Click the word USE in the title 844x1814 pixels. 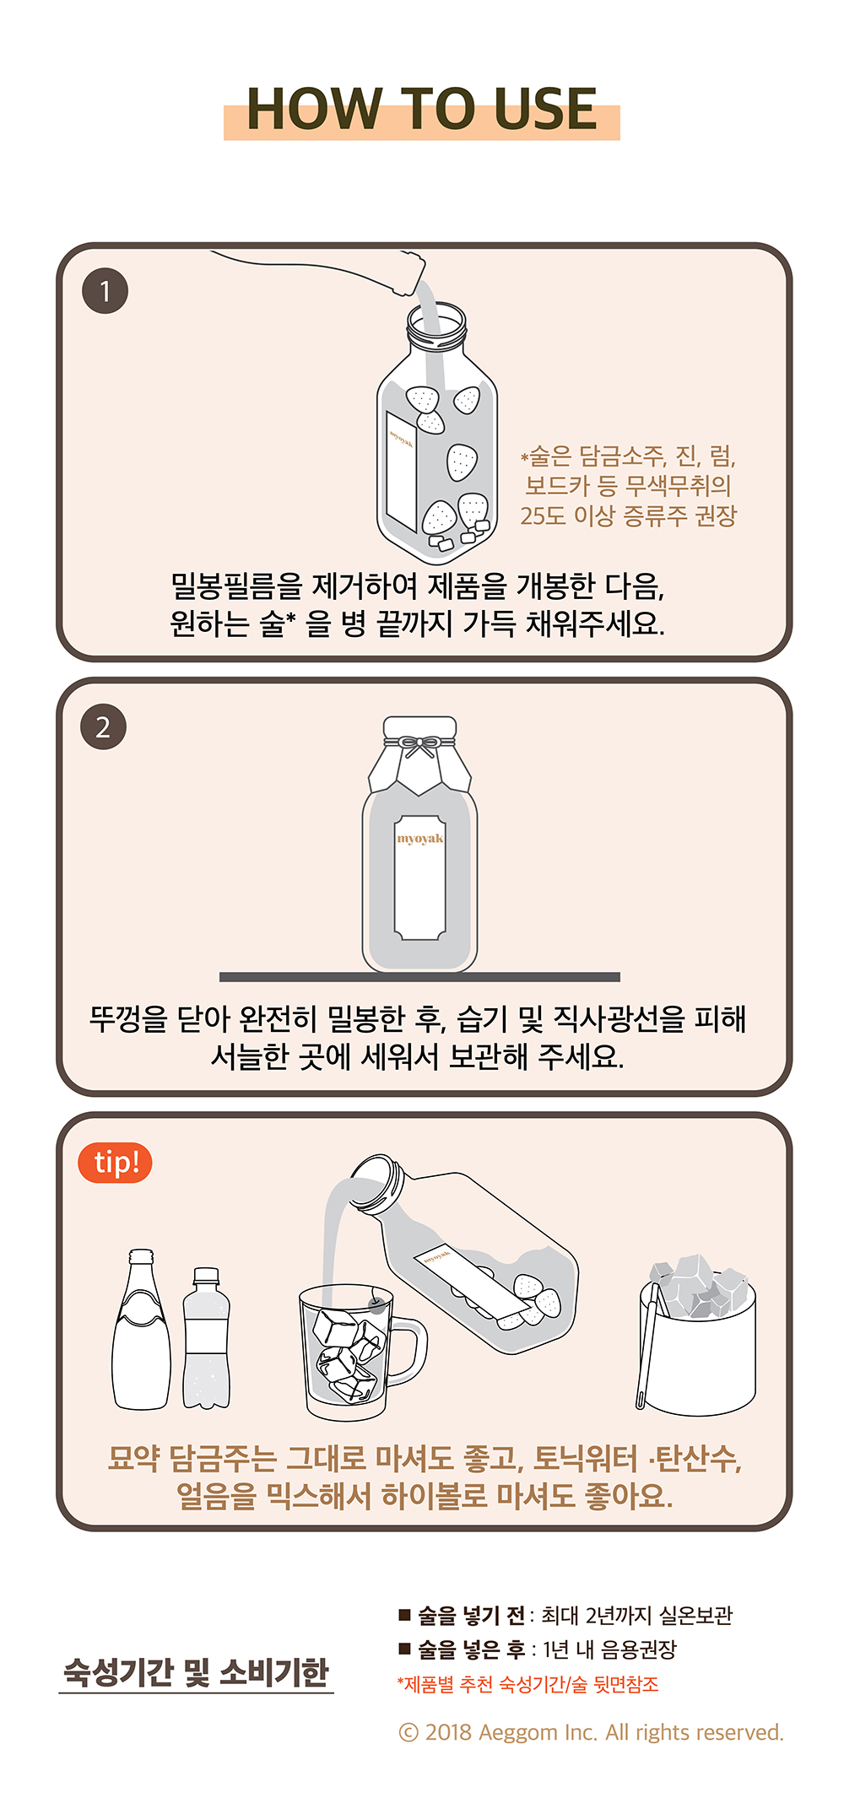pos(545,109)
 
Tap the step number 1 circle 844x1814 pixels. pos(105,291)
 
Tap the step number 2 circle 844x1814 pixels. pos(103,727)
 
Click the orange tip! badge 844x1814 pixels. pos(115,1163)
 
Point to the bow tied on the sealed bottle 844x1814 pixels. pos(419,746)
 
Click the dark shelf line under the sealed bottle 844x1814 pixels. pos(419,977)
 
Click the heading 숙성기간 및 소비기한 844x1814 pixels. pos(196,1672)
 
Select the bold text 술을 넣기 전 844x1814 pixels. pos(471,1615)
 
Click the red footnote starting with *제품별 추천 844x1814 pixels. pos(528,1684)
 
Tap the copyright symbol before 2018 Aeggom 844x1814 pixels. pos(408,1732)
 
